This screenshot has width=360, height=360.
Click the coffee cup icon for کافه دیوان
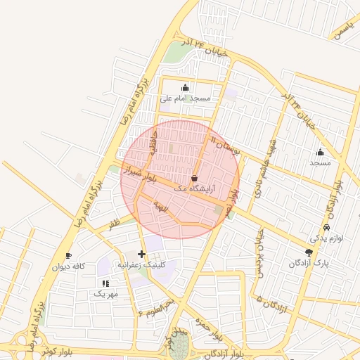tap(68, 255)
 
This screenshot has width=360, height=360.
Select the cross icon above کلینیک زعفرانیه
tap(142, 253)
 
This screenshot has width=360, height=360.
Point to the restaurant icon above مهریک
tap(105, 283)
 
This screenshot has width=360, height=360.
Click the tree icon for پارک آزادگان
tap(309, 252)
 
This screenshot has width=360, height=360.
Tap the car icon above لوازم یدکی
tap(327, 228)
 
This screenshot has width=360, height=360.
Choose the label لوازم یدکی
tap(327, 239)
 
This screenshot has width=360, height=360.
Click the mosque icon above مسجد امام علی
tap(185, 87)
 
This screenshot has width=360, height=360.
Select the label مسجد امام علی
tap(185, 98)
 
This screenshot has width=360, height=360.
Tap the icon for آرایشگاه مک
tap(194, 178)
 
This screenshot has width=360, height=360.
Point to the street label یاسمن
tap(342, 30)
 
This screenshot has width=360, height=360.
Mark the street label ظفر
tap(114, 223)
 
